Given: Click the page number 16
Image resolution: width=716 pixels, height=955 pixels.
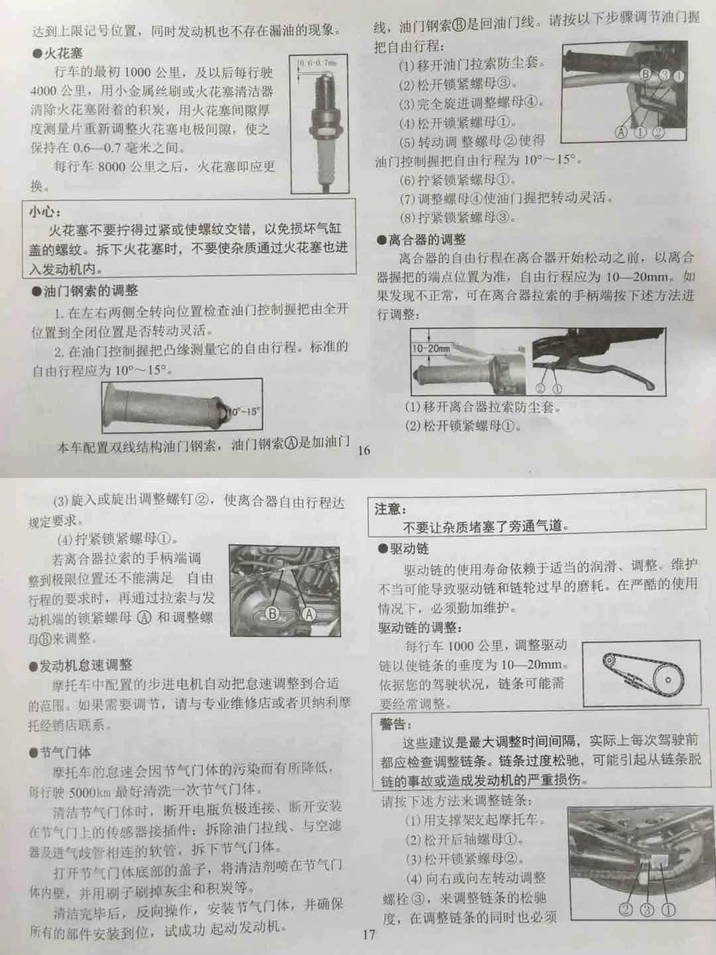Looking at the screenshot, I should [x=364, y=450].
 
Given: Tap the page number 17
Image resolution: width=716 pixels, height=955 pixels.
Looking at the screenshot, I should [x=369, y=934].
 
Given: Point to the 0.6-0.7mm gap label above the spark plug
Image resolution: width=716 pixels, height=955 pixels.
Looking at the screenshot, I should [x=318, y=63].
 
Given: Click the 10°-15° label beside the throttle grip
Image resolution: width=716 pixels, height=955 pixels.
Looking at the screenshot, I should [x=243, y=411].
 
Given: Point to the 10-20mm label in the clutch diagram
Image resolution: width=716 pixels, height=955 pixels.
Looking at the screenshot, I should [x=430, y=348].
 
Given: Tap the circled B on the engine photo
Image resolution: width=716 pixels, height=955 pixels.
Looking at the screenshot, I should [x=272, y=613].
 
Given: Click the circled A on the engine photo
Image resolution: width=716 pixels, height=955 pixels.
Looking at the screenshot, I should [x=308, y=614].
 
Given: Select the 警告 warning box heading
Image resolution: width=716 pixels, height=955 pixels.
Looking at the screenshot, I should [x=395, y=724].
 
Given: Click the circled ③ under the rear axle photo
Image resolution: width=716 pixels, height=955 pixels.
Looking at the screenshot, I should [x=647, y=909].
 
